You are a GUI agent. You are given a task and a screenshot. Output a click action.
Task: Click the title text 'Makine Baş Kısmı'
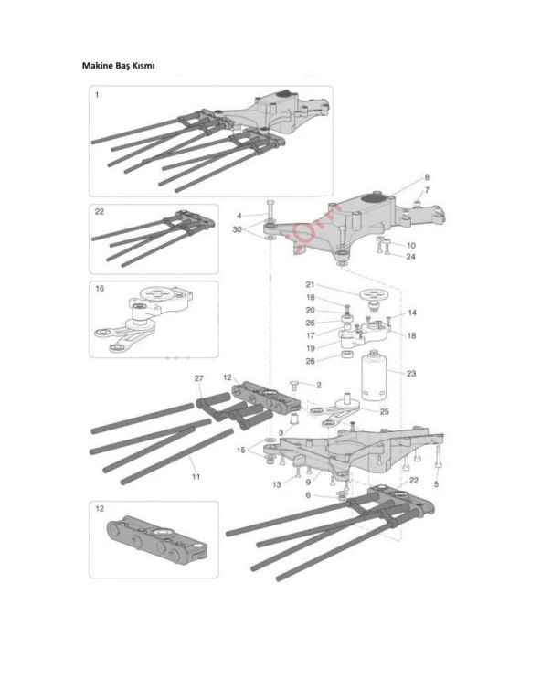[117, 67]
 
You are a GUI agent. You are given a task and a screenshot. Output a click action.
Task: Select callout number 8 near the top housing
[426, 176]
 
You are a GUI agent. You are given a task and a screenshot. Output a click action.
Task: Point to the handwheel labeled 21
[372, 294]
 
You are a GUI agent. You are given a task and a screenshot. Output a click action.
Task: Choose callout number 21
[310, 284]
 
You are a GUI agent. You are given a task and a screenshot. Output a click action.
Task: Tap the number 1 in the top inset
[97, 94]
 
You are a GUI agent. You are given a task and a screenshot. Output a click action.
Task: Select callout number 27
[198, 377]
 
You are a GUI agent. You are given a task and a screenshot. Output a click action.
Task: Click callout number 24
[410, 257]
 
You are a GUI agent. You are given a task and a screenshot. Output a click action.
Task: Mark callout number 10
[410, 245]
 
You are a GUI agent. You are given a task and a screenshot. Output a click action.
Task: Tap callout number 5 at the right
[436, 484]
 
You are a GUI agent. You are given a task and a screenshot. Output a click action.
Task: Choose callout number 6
[308, 494]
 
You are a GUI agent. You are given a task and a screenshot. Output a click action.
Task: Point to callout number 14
[412, 313]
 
